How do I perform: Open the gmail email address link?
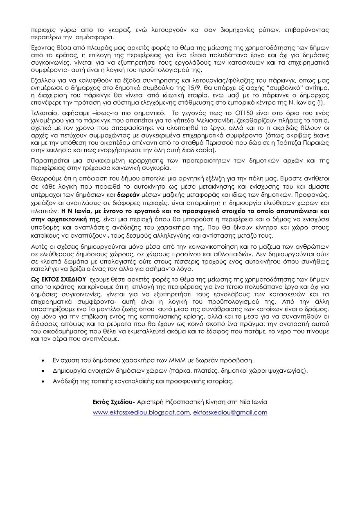click(230, 412)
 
